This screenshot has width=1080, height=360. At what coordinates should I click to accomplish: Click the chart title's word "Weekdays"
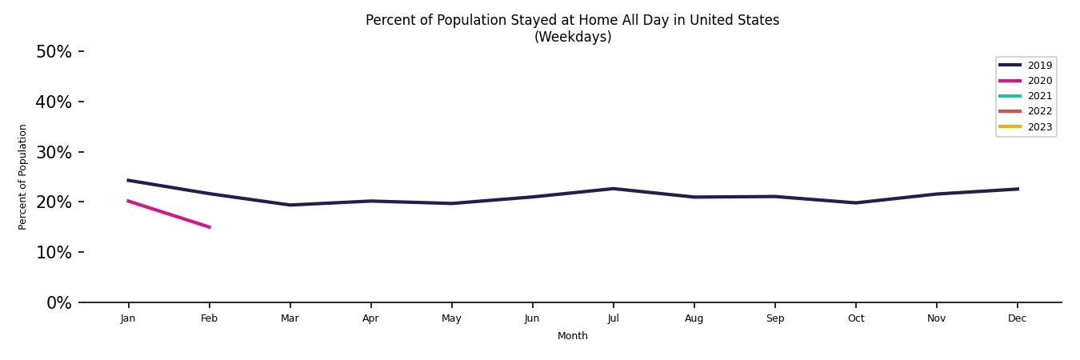click(x=573, y=37)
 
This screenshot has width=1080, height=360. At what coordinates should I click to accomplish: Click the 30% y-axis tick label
click(x=54, y=152)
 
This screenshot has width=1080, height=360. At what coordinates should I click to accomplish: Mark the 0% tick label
click(x=58, y=302)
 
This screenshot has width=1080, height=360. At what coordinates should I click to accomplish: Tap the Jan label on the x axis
click(x=128, y=318)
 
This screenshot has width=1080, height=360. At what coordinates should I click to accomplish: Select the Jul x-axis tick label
click(x=613, y=318)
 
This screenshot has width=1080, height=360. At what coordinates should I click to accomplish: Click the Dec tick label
click(x=1017, y=318)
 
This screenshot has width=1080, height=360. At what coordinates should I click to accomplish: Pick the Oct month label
click(x=855, y=318)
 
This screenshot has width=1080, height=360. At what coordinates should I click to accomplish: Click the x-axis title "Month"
click(x=573, y=336)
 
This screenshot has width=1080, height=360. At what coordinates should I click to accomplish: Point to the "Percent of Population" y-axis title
click(x=23, y=177)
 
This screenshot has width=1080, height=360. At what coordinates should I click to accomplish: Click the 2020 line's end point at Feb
click(x=210, y=227)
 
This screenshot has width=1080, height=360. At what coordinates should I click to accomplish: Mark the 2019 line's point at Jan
click(x=128, y=180)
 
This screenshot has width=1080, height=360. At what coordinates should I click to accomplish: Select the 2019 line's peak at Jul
click(x=613, y=189)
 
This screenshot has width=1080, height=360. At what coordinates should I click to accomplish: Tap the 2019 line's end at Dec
click(x=1018, y=189)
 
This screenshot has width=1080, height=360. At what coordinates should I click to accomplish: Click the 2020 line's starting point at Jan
click(x=128, y=201)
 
